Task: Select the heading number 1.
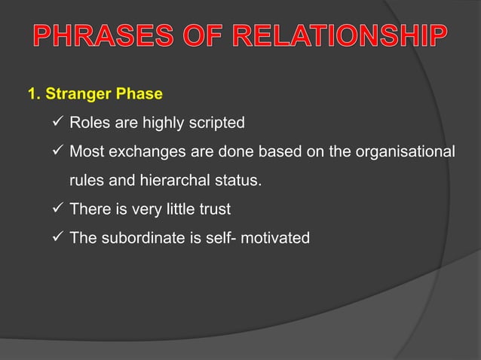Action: click(32, 95)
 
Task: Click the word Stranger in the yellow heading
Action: click(75, 95)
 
